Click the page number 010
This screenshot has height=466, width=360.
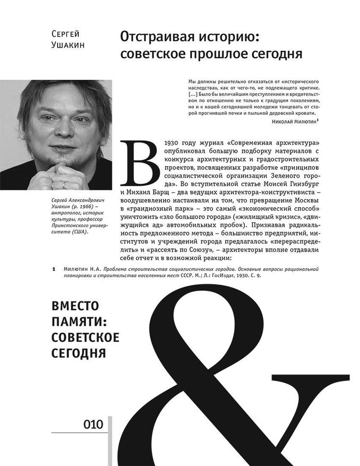93,424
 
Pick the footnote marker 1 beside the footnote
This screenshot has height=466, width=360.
53,269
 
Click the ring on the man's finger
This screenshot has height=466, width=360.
64,184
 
